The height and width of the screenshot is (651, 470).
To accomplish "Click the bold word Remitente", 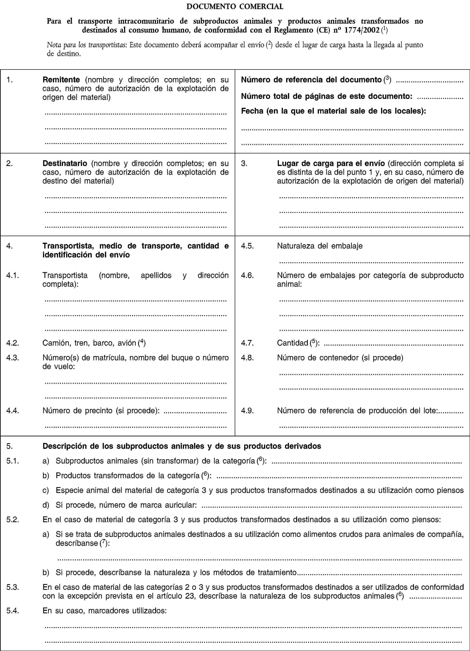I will pos(61,80).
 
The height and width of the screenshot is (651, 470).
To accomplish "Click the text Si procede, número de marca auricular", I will pos(126,505).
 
